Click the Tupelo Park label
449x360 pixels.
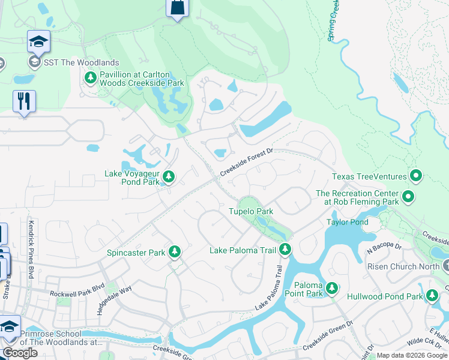coord(250,211)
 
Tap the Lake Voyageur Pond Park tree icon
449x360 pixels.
coord(169,176)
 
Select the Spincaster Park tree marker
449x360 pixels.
coord(175,252)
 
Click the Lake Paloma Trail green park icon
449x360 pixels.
coord(285,249)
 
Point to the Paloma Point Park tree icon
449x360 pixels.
coord(331,290)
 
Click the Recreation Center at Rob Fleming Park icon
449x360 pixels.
coord(408,196)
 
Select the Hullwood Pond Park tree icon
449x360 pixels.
coord(432,296)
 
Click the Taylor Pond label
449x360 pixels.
coord(346,222)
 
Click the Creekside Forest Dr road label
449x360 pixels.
coord(246,163)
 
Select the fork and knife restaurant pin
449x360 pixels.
coord(24,101)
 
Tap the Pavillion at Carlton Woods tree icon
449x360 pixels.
coord(91,77)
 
